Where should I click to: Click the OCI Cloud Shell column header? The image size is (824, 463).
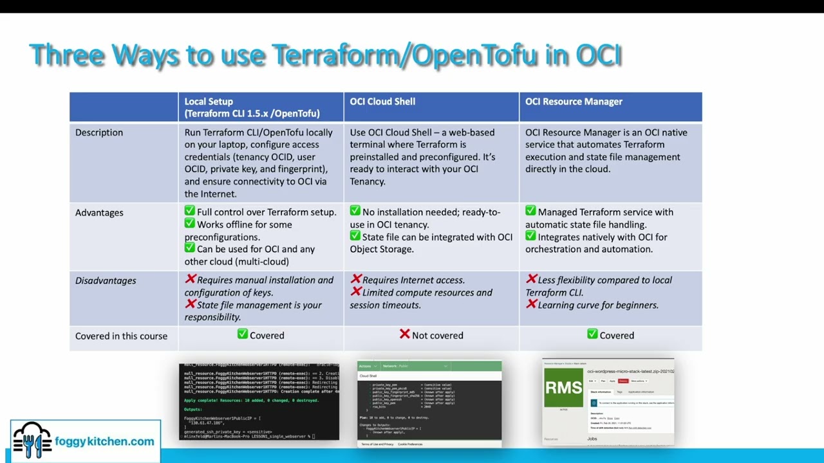tap(382, 102)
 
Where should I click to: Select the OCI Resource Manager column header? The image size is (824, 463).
tap(574, 102)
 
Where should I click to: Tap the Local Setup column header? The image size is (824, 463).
tap(252, 107)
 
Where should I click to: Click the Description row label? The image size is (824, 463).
tap(98, 132)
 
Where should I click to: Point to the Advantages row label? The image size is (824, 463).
tap(99, 213)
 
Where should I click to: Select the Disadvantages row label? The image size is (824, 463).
tap(106, 280)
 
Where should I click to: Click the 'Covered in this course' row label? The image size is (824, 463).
tap(121, 336)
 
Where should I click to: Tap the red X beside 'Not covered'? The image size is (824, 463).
tap(404, 334)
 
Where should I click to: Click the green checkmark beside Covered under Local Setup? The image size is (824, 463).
tap(242, 334)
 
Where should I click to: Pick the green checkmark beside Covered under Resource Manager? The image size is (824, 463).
tap(592, 334)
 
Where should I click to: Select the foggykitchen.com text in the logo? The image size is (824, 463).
tap(104, 442)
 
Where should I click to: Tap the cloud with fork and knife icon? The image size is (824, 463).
tap(32, 440)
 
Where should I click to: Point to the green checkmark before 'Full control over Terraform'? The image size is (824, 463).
tap(190, 211)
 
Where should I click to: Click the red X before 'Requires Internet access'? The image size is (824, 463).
tap(355, 279)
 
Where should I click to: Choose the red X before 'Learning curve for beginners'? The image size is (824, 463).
tap(531, 304)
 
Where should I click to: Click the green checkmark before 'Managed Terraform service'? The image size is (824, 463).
tap(530, 211)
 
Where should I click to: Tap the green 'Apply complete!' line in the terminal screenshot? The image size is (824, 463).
tap(251, 400)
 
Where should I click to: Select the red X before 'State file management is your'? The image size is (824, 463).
tap(190, 304)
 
